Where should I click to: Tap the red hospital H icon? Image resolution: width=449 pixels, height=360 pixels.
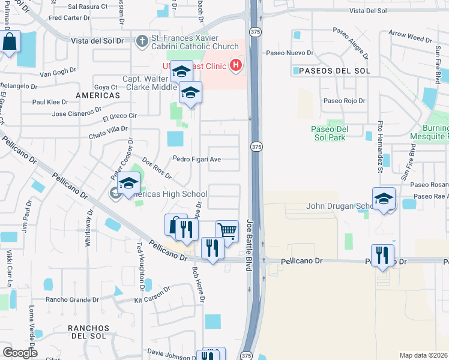(236, 65)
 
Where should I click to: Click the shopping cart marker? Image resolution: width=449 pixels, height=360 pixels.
(227, 231)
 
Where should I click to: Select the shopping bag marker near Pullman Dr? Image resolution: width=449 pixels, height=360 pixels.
(10, 42)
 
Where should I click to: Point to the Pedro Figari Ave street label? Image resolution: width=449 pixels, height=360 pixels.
(197, 159)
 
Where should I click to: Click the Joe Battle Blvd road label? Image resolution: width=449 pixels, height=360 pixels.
(249, 246)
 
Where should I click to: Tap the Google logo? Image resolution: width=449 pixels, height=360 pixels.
(20, 352)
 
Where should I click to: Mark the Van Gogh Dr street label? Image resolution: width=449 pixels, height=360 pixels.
(58, 74)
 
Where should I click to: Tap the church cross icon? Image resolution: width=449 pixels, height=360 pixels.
(142, 41)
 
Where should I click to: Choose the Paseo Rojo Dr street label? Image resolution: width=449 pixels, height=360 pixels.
(345, 101)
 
